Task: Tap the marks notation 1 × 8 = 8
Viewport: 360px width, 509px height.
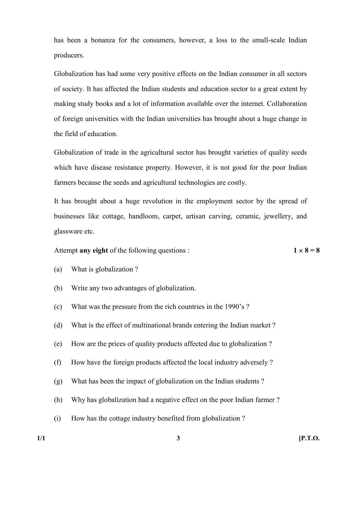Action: (306, 250)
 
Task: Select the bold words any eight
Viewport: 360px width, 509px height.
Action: (94, 250)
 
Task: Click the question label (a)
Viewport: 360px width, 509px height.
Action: (58, 269)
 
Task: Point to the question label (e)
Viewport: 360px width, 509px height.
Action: (58, 344)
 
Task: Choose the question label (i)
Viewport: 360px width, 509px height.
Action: (57, 418)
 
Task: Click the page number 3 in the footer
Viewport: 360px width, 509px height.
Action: (178, 438)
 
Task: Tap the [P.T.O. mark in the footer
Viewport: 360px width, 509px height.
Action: (309, 438)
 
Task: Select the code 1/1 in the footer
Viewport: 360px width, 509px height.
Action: (41, 438)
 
